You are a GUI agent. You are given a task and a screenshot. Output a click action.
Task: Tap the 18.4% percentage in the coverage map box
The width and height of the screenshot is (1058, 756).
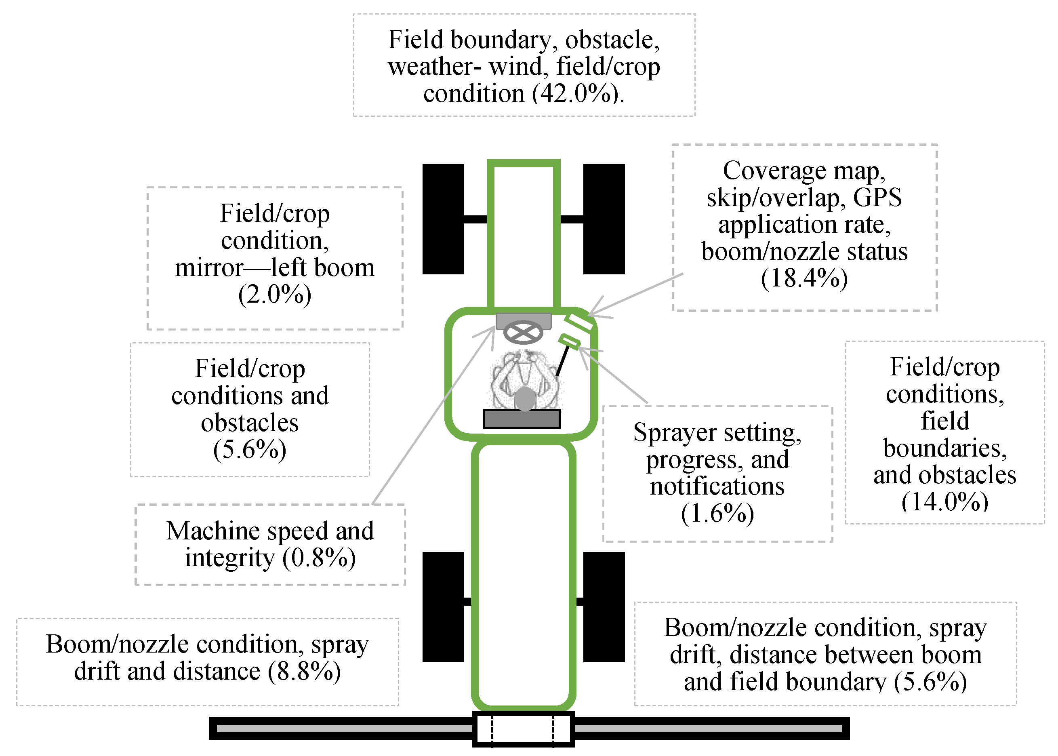[804, 278]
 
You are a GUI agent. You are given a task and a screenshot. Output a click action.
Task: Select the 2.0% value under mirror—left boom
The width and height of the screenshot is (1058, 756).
[275, 295]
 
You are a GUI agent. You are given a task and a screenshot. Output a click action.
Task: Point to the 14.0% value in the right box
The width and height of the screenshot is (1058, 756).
[944, 502]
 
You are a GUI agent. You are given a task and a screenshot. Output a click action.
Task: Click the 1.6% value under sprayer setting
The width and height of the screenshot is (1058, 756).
[717, 514]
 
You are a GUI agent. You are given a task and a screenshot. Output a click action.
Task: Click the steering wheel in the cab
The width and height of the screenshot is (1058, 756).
[523, 333]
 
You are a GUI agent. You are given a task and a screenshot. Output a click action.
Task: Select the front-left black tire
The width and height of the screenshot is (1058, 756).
[443, 219]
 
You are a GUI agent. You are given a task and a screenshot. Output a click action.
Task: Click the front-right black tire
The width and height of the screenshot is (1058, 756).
[604, 219]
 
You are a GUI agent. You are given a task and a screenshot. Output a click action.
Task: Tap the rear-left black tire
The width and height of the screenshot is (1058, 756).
[443, 606]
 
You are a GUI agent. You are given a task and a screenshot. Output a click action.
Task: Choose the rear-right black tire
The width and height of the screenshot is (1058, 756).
[604, 606]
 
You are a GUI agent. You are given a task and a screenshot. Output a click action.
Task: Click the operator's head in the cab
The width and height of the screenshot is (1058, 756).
[525, 398]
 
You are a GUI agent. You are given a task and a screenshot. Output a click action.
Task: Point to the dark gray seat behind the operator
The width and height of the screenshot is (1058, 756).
[522, 419]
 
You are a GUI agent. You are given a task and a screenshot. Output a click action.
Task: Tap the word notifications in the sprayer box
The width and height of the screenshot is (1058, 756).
[717, 486]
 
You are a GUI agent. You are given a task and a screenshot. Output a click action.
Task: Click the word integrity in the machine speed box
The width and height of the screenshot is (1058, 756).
[229, 558]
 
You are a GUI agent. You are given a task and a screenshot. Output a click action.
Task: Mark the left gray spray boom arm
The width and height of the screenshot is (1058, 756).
[345, 728]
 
